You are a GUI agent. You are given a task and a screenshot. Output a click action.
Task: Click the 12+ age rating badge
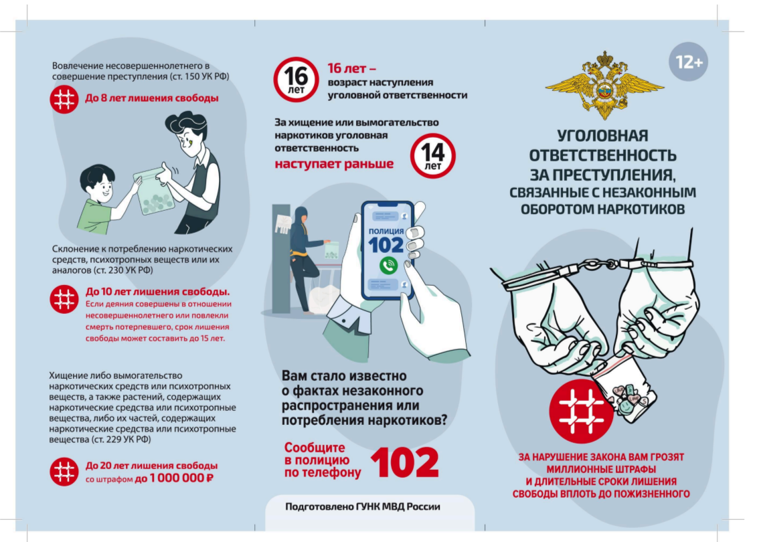tap(688, 62)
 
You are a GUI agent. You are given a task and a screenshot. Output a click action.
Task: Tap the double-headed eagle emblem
tap(604, 85)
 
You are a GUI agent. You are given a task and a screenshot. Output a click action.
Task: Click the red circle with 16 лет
tap(296, 80)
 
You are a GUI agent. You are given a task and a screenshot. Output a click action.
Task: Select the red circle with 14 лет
tap(433, 156)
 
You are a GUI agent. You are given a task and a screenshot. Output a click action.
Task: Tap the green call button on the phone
tap(388, 265)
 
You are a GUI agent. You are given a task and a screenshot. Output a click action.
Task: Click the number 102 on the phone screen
tap(386, 245)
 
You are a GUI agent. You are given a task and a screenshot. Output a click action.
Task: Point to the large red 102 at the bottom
tap(405, 462)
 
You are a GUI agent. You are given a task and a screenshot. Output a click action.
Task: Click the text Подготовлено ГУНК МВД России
tap(363, 507)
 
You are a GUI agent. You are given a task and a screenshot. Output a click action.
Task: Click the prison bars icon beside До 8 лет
tap(64, 100)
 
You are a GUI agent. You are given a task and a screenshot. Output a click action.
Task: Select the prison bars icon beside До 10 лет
tap(64, 299)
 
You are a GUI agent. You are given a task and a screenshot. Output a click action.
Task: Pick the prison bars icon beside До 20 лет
tap(64, 472)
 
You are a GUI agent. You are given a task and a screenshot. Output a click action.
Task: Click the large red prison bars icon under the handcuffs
tap(582, 412)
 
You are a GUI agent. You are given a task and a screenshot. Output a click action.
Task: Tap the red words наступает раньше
tap(334, 164)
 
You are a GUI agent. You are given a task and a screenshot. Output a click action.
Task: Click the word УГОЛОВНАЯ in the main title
tap(602, 135)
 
